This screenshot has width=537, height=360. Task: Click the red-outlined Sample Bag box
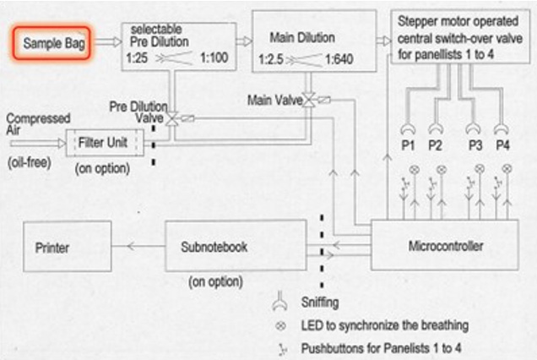click(52, 43)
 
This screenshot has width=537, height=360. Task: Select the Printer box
click(68, 247)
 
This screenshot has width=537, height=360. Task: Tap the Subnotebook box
click(236, 245)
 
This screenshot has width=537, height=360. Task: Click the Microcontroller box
click(444, 245)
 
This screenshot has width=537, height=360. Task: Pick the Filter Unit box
click(105, 143)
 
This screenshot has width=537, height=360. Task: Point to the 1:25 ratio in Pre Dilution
click(137, 58)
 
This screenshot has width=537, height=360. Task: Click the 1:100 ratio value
click(214, 57)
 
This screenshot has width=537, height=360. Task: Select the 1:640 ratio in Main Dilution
click(339, 59)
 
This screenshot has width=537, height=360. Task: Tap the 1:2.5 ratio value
click(271, 59)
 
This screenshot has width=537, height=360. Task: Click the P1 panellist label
click(408, 145)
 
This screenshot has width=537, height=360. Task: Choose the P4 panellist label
click(502, 145)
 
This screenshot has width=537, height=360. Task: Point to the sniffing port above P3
click(474, 128)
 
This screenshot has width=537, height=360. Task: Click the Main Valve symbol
click(310, 100)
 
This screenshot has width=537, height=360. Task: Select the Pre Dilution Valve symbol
click(171, 118)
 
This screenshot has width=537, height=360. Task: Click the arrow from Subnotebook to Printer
click(138, 246)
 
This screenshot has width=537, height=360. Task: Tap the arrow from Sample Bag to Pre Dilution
click(108, 41)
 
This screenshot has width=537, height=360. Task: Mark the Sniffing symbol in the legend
click(279, 301)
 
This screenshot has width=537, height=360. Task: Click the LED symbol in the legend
click(280, 325)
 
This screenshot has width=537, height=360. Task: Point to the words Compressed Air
click(38, 124)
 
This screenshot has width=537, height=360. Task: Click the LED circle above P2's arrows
click(442, 169)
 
